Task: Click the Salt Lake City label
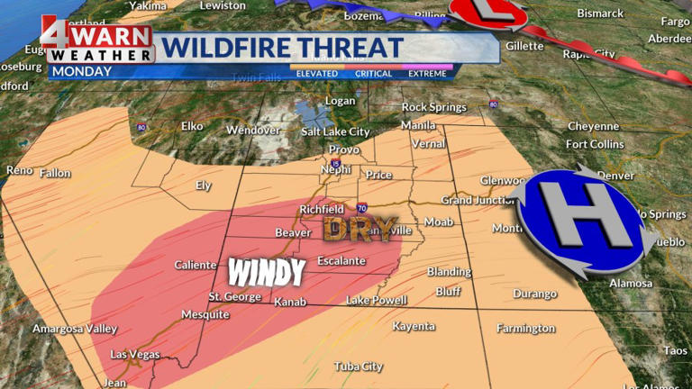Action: point(335,131)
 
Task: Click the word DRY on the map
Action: point(360,230)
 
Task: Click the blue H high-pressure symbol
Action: point(583,221)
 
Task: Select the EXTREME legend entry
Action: point(427,74)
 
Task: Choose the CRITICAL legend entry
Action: point(373,74)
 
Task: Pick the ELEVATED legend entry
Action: point(317,74)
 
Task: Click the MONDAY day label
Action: point(76,70)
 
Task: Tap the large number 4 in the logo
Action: point(55,35)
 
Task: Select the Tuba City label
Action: point(359,366)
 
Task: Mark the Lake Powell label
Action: point(376,300)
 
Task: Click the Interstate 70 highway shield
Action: point(360,207)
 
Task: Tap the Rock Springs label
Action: point(433,107)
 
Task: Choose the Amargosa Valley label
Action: point(75,329)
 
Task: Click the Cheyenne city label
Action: point(593,126)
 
